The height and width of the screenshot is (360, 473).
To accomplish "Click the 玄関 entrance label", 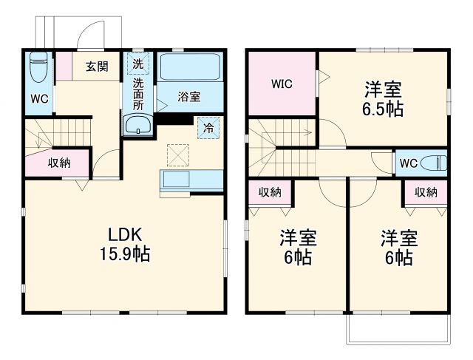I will point(96,67).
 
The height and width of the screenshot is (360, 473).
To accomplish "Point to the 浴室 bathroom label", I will point(189,96).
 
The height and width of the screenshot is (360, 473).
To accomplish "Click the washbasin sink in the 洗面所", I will point(137,126).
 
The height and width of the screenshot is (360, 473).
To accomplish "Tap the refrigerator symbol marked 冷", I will point(208,126).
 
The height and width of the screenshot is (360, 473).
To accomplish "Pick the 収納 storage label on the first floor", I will point(59,163).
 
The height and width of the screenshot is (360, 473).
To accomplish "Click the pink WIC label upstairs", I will point(281,84).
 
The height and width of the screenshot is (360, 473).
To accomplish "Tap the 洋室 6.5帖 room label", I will point(383,98).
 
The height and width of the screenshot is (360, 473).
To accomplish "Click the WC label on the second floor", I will point(408,163).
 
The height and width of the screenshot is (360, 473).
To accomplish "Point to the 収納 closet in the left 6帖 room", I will point(270,192).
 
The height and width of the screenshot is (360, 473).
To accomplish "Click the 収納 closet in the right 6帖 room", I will point(425,192).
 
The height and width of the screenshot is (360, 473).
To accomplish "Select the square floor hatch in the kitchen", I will point(178,155).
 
